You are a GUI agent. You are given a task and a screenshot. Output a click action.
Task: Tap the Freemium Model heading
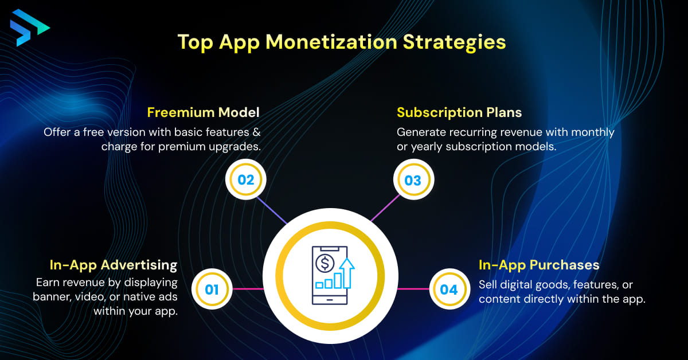coord(204,112)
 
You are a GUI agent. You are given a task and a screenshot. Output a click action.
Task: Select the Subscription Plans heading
coord(459,112)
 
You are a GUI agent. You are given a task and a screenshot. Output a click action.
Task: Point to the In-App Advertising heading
coord(114,265)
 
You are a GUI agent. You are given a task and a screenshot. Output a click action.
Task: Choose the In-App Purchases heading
coord(539,265)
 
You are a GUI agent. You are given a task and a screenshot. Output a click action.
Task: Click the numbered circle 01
coord(212,289)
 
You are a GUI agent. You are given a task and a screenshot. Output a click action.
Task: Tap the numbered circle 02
coord(246,179)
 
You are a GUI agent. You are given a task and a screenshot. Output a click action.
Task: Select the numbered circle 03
coord(413,180)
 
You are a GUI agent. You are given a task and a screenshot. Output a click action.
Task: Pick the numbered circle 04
coord(449,289)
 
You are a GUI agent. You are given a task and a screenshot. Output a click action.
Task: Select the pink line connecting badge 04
coord(413,289)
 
